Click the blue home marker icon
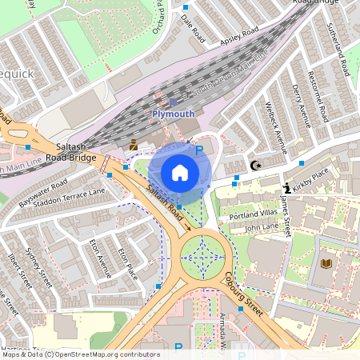[x=180, y=172]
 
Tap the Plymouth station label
[x=173, y=114]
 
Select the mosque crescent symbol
[x=256, y=165]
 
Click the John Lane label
[x=262, y=228]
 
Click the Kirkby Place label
[x=313, y=176]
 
